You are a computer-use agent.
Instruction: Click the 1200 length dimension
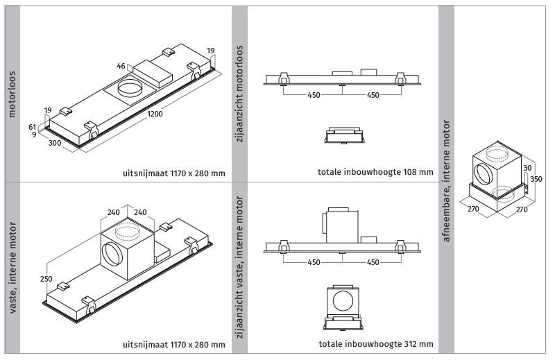(155, 114)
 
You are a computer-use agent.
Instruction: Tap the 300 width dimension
(55, 143)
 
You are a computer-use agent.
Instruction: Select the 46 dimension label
(121, 66)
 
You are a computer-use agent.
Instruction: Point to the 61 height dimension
(33, 127)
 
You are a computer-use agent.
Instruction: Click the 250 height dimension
(46, 279)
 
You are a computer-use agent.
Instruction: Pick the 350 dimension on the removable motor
(536, 179)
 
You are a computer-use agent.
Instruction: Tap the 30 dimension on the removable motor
(527, 168)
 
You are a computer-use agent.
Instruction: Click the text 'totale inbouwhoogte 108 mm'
(375, 172)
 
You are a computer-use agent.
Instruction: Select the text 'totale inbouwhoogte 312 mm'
(376, 344)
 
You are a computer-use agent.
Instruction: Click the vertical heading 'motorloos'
(12, 94)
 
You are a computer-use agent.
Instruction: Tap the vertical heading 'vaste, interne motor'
(12, 267)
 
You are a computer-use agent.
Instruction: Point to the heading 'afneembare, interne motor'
(446, 181)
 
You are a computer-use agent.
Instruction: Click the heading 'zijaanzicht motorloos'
(239, 94)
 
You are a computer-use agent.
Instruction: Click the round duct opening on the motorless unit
(130, 87)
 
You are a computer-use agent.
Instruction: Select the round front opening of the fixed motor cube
(112, 253)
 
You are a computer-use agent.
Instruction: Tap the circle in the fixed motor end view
(343, 302)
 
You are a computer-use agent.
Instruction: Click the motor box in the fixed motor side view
(340, 225)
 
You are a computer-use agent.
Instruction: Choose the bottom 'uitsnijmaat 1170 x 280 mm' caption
(174, 345)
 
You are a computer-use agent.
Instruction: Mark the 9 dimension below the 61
(34, 135)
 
